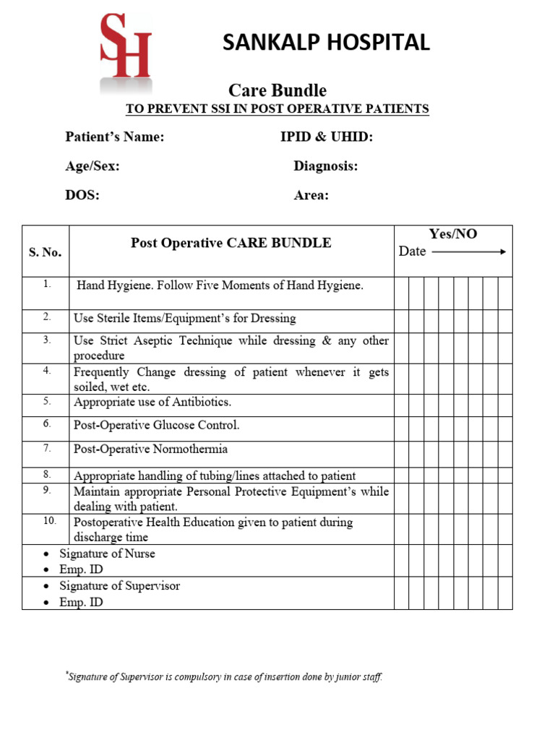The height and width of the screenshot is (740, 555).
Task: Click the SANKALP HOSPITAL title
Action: [326, 43]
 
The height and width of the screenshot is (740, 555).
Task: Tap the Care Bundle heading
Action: [277, 90]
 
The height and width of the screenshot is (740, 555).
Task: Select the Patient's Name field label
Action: [115, 137]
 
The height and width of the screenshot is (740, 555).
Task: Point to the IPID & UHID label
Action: [327, 137]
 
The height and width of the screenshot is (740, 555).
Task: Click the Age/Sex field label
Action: [92, 166]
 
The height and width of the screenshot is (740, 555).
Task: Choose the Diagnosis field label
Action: [326, 166]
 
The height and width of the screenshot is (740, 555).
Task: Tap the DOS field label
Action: [82, 195]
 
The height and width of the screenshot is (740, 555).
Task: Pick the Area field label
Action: [311, 195]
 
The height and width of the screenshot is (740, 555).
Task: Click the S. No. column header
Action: [45, 252]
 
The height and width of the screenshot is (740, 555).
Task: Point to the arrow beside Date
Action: [469, 251]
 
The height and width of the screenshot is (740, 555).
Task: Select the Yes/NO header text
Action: [453, 234]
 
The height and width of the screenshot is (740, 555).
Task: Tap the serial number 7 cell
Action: [46, 448]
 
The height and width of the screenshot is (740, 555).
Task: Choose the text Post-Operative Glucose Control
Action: [156, 425]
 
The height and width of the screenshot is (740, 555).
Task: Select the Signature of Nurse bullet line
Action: [107, 554]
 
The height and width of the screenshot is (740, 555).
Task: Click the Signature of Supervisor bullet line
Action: [119, 585]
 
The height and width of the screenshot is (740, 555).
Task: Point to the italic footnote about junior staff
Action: [224, 677]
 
